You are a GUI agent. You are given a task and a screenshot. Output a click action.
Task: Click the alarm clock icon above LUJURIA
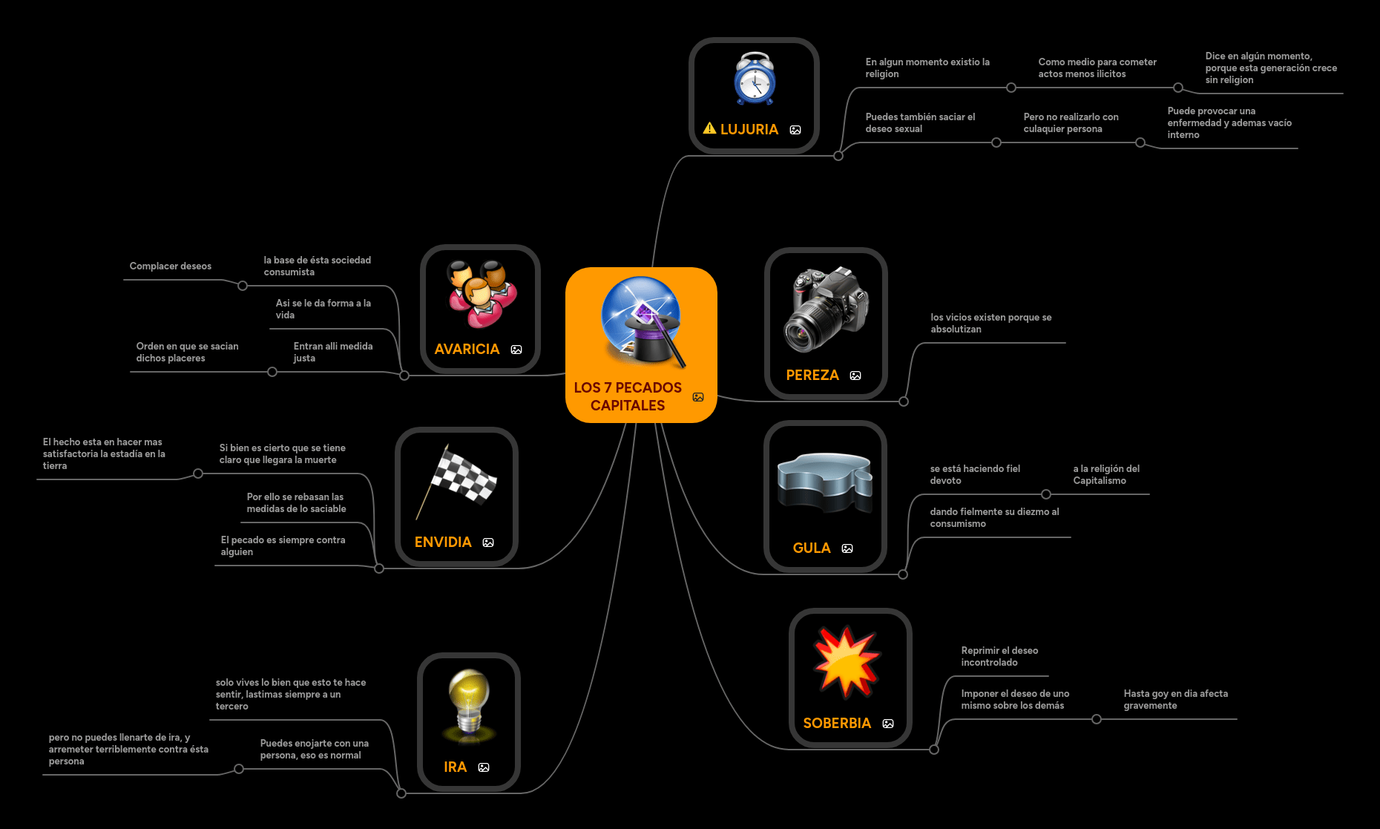point(755,79)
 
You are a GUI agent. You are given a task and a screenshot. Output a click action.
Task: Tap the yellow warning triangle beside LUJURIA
point(709,128)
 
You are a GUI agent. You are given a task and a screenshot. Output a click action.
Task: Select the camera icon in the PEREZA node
point(826,309)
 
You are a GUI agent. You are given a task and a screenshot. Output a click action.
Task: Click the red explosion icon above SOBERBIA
point(847,661)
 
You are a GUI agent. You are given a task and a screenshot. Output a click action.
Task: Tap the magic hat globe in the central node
point(641,321)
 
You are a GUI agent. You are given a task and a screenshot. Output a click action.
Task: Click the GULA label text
point(812,548)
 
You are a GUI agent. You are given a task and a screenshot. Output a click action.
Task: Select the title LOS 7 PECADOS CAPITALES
point(628,396)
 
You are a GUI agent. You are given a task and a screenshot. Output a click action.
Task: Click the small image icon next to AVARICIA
point(516,350)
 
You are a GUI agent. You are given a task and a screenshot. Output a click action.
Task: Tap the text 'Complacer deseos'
point(171,266)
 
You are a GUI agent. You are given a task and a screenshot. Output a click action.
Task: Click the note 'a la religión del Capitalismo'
point(1106,475)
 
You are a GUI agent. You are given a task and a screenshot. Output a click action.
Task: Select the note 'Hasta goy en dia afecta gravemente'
point(1175,700)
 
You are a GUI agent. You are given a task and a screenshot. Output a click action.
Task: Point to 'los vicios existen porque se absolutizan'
point(990,324)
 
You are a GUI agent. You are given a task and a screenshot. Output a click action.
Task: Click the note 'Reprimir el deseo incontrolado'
point(999,657)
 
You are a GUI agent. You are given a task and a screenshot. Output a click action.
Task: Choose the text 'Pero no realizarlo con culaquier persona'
point(1071,123)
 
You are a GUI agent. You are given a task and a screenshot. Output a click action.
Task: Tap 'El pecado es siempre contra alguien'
point(283,546)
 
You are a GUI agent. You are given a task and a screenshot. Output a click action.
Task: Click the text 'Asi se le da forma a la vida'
point(323,309)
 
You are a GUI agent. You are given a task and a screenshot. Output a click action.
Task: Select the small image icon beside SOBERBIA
point(888,724)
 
